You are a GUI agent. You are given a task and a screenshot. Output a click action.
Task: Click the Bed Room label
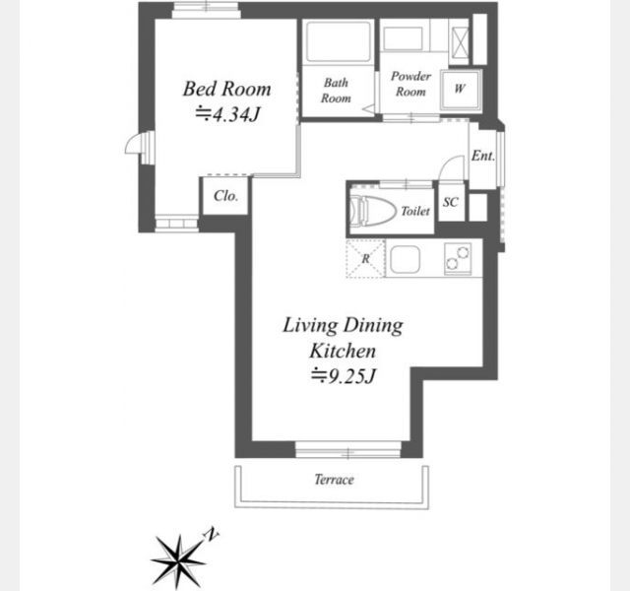click(x=227, y=89)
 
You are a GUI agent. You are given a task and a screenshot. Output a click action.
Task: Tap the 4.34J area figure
click(x=227, y=114)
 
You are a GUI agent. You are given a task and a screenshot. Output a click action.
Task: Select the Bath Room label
click(x=336, y=91)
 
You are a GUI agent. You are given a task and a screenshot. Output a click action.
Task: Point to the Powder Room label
click(x=410, y=84)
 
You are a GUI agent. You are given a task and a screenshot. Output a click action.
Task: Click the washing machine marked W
click(x=461, y=90)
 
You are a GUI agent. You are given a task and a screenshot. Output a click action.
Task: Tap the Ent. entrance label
click(x=483, y=156)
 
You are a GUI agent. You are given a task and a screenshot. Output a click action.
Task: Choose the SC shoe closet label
click(x=451, y=202)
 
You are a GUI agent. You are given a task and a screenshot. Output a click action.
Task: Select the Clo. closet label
click(x=225, y=196)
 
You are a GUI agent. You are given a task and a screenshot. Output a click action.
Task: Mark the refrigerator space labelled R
click(x=365, y=258)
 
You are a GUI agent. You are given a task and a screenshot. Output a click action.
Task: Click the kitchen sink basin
click(x=405, y=258)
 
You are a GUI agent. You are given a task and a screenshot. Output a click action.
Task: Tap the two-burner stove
click(x=458, y=259)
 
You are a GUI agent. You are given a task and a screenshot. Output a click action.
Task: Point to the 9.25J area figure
click(x=344, y=376)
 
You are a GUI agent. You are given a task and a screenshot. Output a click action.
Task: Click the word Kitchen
click(x=343, y=351)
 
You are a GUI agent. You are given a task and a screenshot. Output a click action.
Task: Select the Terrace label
click(x=334, y=480)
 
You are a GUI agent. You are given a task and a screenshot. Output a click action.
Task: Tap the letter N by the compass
click(x=211, y=534)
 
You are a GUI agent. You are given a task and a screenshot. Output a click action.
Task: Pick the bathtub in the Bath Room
click(x=338, y=41)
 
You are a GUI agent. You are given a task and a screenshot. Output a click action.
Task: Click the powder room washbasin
click(x=403, y=39)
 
